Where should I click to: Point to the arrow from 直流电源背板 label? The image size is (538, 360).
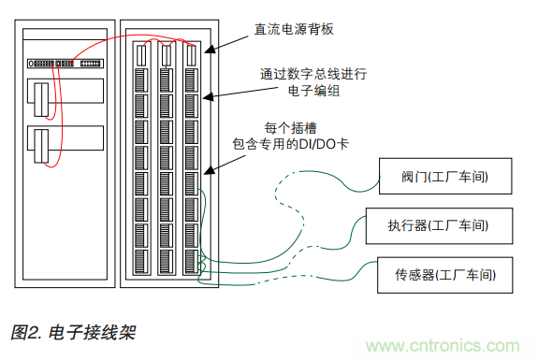(228, 41)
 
